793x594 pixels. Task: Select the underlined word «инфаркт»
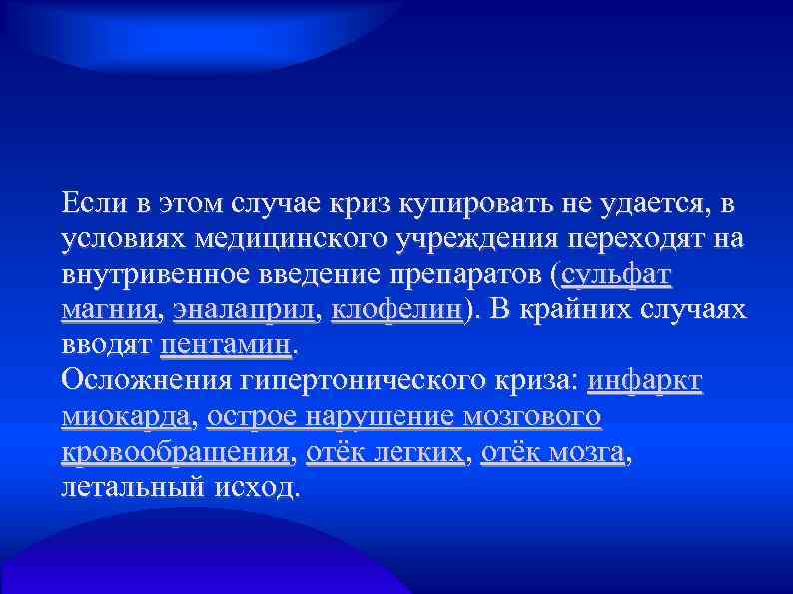(645, 381)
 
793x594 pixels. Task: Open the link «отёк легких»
(385, 453)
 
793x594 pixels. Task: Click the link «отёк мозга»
(553, 453)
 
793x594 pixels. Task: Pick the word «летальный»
(134, 488)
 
